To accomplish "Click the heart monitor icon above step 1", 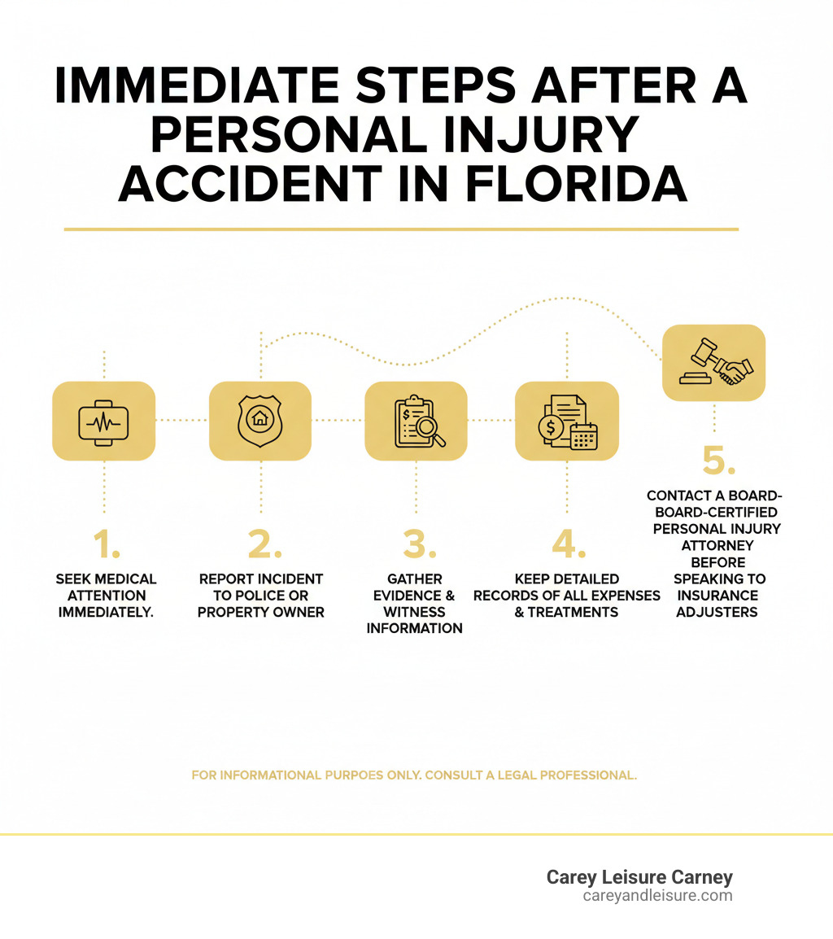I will (103, 421).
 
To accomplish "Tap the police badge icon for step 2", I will (260, 421).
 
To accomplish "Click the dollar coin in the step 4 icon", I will (552, 426).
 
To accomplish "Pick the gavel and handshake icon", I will (714, 362).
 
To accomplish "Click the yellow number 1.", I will (106, 544).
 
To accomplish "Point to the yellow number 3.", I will (415, 544).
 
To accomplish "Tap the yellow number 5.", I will (719, 461).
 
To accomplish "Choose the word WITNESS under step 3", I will (415, 612).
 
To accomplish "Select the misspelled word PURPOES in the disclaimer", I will (386, 775).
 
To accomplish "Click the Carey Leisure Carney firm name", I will (639, 877).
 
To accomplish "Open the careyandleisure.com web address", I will (657, 896).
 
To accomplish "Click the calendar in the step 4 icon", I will (583, 437).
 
